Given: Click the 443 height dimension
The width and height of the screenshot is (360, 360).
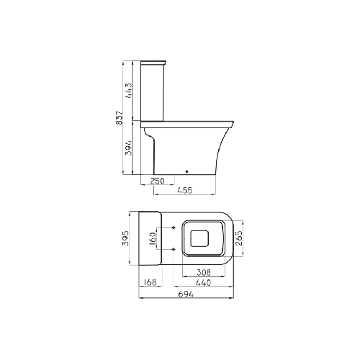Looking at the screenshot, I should pos(128,90).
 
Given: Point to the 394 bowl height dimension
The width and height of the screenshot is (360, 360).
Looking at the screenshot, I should pos(128,147).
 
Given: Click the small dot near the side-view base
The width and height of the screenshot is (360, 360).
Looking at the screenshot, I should pos(186,171).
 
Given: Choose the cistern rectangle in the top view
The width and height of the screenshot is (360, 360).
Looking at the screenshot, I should pos(148,238).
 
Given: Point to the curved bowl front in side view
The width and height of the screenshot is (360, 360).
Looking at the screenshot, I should pos(225,148).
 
